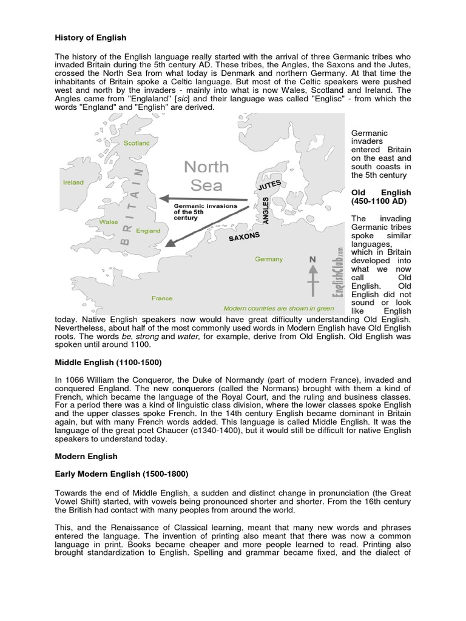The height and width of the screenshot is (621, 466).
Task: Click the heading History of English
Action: (90, 38)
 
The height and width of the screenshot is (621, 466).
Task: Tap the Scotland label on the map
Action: (137, 143)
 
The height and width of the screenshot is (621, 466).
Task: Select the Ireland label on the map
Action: (73, 182)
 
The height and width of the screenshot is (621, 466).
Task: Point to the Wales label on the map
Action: (109, 222)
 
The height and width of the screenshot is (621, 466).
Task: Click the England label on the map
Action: (148, 231)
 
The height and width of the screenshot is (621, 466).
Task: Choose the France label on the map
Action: (162, 298)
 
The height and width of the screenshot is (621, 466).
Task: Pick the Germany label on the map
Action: (269, 259)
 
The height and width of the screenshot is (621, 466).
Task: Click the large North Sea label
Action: (206, 175)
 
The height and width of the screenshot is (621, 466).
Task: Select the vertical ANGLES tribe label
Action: (266, 210)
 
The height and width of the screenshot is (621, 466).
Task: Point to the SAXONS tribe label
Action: (245, 236)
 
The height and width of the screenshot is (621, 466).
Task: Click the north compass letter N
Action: (313, 260)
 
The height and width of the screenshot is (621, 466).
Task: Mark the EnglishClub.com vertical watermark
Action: (340, 270)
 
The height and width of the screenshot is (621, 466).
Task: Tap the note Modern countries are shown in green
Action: (279, 308)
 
